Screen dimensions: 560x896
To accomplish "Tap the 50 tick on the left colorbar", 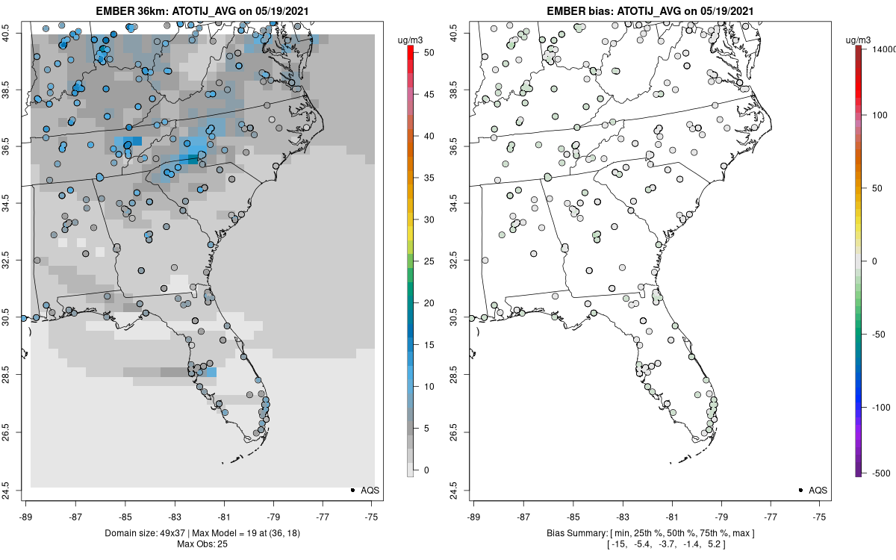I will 425,53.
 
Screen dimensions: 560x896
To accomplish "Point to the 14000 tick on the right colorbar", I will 884,48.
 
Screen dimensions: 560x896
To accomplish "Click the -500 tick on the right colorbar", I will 880,473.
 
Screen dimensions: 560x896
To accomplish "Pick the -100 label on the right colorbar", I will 880,407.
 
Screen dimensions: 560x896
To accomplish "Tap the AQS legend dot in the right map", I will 800,490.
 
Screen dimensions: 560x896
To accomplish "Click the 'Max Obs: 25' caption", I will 202,544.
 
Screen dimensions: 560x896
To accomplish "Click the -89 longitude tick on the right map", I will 474,515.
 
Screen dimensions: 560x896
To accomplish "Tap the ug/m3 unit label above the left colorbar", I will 411,37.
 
